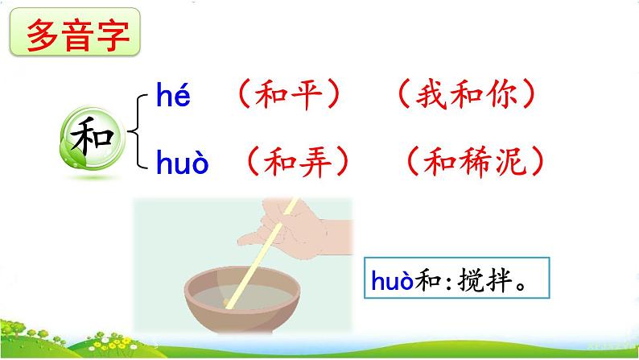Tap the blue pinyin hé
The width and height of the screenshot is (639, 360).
click(173, 99)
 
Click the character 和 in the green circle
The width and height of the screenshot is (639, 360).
click(92, 131)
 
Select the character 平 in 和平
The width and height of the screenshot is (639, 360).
click(307, 98)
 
